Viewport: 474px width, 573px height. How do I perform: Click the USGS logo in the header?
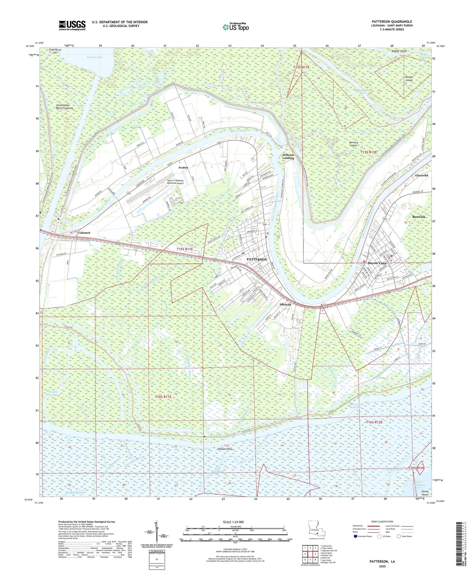(x=72, y=25)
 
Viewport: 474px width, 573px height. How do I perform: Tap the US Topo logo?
(x=235, y=27)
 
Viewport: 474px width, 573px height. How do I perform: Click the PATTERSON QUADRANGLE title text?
(x=392, y=21)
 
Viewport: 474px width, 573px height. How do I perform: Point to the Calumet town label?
(x=84, y=233)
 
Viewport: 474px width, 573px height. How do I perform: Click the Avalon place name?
(x=183, y=168)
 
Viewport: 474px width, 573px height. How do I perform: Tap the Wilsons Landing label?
(x=288, y=157)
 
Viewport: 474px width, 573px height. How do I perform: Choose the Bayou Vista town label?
(x=377, y=263)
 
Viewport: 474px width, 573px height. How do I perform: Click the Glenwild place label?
(x=422, y=176)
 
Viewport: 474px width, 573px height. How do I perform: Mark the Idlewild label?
(x=285, y=305)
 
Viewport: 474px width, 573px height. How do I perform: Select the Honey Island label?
(x=425, y=493)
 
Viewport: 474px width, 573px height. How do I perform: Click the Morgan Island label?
(x=409, y=78)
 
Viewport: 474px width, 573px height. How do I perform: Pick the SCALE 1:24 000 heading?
(x=233, y=522)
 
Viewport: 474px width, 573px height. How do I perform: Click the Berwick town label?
(x=419, y=217)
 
